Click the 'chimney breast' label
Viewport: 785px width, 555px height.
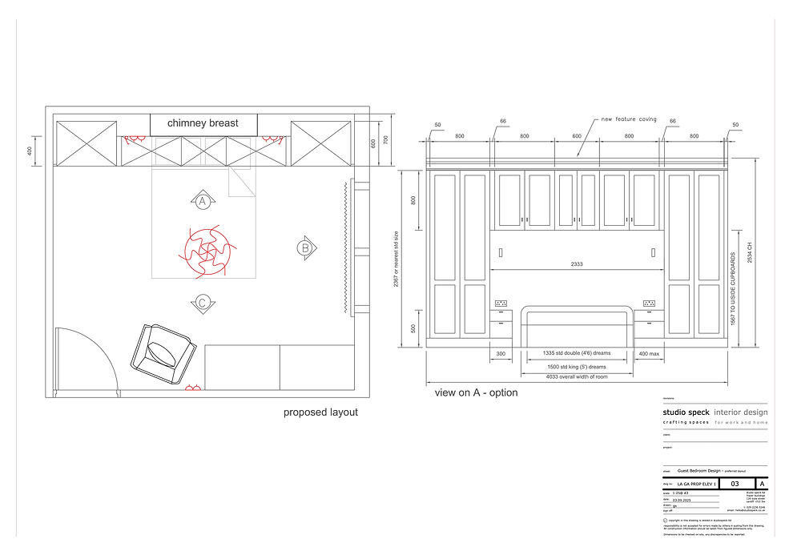click(203, 123)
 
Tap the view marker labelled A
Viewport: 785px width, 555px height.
click(203, 200)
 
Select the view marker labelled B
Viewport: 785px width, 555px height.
click(305, 247)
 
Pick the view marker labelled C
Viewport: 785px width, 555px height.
click(203, 302)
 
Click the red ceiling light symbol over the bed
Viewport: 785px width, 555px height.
click(203, 248)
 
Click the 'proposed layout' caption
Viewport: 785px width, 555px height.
click(320, 412)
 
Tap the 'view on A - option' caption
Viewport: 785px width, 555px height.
click(476, 392)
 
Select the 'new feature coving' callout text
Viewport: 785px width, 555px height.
click(630, 119)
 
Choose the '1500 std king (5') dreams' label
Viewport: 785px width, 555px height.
click(577, 364)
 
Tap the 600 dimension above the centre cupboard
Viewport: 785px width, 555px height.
click(577, 136)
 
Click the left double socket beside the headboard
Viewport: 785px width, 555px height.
click(502, 304)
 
